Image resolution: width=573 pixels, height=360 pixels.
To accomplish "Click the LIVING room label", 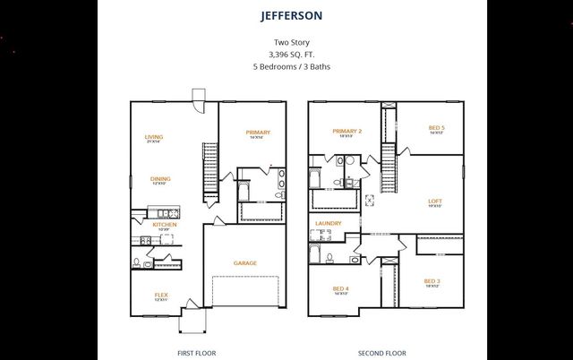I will [x=154, y=137].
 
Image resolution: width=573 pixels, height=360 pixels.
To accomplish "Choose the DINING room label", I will [x=160, y=179].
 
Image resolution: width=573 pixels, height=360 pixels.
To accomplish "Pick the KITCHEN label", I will [x=164, y=224].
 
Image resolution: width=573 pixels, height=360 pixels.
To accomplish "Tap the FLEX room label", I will [x=161, y=295].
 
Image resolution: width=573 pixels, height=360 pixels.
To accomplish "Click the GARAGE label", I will [x=245, y=262].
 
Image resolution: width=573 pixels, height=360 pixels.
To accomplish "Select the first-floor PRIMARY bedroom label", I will [x=258, y=133].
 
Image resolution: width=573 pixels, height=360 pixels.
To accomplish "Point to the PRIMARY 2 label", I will [x=346, y=132].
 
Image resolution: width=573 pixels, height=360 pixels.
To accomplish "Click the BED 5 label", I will [x=436, y=127].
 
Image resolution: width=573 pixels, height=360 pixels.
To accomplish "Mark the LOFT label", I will [x=434, y=201].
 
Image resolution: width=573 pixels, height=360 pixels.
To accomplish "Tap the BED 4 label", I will [x=340, y=288].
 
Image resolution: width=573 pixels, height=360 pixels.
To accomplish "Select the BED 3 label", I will [x=432, y=281].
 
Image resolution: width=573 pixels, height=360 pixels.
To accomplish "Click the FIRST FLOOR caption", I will [x=196, y=353].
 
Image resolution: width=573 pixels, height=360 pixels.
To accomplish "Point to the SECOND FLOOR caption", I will [x=382, y=353].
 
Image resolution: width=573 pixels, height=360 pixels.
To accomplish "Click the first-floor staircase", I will [x=211, y=170].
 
